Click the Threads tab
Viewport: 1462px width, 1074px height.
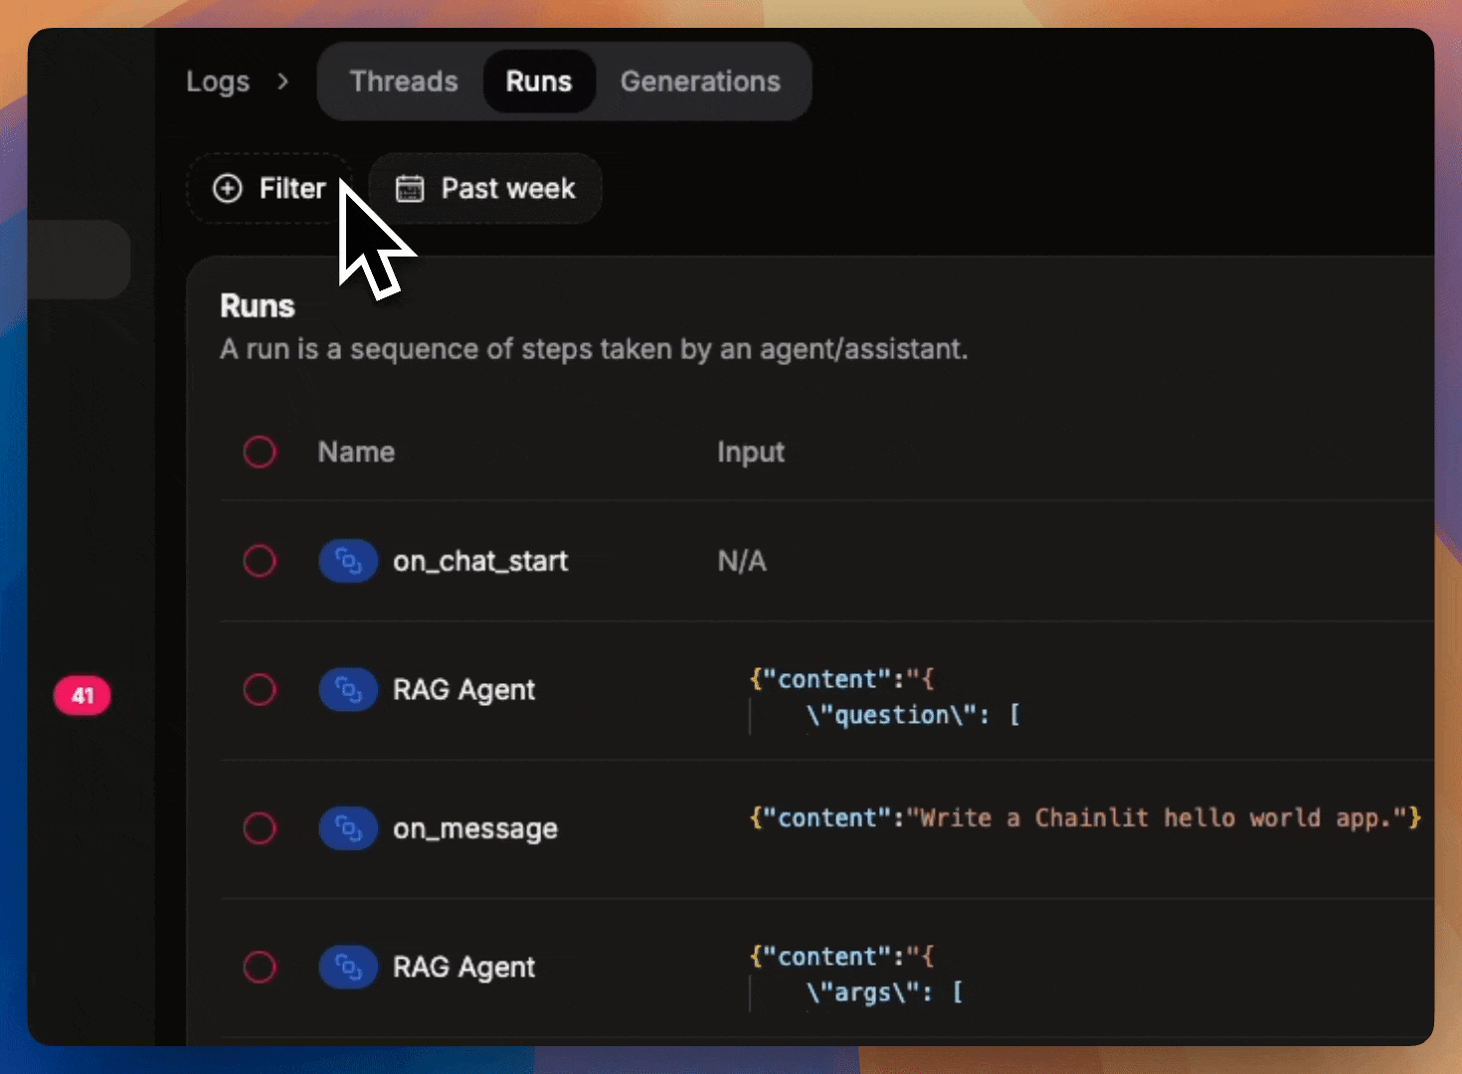(x=404, y=82)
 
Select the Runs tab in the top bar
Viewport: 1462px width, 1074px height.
(x=539, y=82)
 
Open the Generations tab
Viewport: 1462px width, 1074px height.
(x=700, y=82)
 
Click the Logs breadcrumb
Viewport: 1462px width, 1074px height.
(x=218, y=82)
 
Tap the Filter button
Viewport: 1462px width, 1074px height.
(x=271, y=188)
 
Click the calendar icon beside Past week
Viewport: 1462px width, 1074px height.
(x=410, y=188)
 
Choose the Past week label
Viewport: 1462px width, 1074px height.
(x=508, y=188)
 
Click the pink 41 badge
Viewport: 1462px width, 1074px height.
(x=83, y=695)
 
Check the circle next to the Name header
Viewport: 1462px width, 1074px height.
(x=260, y=451)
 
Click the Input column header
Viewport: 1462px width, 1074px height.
(x=751, y=451)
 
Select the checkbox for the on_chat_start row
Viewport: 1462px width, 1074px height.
(x=260, y=561)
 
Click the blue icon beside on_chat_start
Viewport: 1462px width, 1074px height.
(x=348, y=561)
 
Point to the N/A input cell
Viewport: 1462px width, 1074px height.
(x=742, y=561)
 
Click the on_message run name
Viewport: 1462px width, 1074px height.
(x=475, y=828)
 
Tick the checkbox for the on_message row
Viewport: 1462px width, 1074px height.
(x=260, y=828)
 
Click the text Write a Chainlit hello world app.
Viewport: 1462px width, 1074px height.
(x=1155, y=818)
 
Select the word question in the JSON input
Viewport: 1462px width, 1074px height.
(x=891, y=715)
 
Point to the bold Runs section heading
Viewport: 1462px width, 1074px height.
(x=258, y=306)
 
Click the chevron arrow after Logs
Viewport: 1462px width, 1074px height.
(x=283, y=82)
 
